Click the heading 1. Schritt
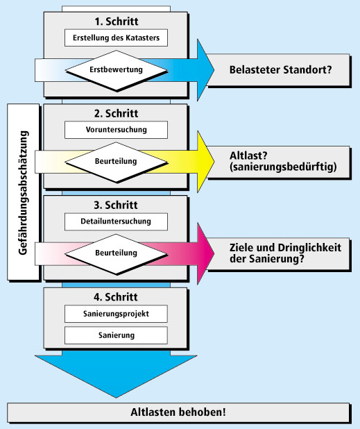click(117, 22)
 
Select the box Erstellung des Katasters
click(116, 37)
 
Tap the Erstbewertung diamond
click(116, 70)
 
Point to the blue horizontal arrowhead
click(205, 70)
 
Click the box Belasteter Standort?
click(279, 70)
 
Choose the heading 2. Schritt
click(116, 113)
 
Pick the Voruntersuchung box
click(116, 130)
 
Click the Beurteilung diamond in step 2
click(116, 162)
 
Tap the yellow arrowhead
click(205, 162)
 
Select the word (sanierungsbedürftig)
click(283, 167)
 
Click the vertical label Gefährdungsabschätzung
click(23, 192)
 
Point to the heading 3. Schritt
click(116, 205)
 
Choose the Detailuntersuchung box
click(116, 221)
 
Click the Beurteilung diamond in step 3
click(116, 254)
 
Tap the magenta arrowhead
click(205, 253)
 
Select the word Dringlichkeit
click(309, 248)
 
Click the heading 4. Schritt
click(116, 297)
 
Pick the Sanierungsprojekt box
click(116, 314)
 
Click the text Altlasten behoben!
click(178, 412)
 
